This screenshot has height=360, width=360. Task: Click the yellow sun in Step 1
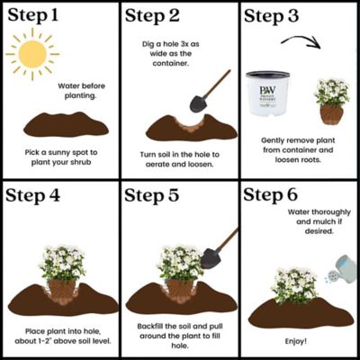point(31,57)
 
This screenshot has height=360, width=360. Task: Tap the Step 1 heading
point(40,17)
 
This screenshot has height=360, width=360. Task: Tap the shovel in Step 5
point(216,250)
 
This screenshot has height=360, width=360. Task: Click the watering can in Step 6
point(340,266)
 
